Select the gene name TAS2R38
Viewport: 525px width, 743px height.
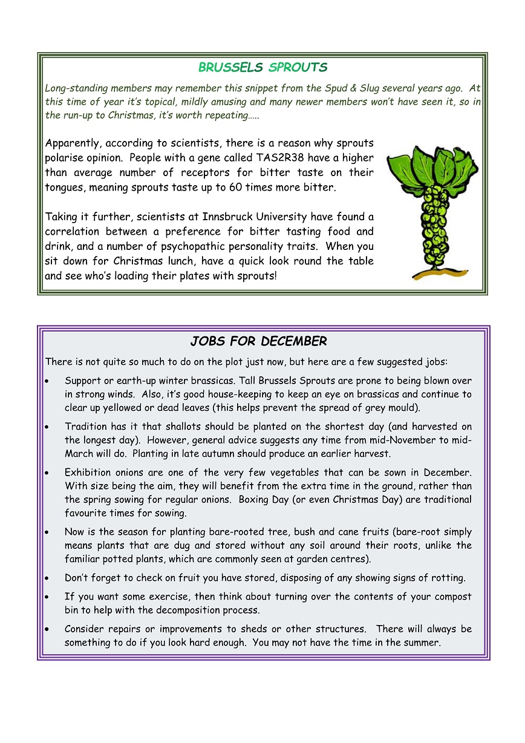[272, 158]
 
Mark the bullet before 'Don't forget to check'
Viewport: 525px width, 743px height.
[48, 578]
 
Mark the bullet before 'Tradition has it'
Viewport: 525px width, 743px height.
[48, 427]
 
